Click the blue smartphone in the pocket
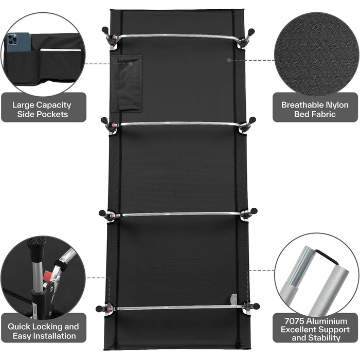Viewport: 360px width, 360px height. (x=19, y=42)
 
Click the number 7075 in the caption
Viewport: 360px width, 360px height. (x=294, y=321)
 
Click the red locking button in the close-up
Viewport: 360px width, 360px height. (x=48, y=275)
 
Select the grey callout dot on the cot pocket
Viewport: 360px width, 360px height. (x=131, y=64)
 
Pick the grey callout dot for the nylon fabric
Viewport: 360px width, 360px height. (x=229, y=60)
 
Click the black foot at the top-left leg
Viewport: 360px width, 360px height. (x=105, y=30)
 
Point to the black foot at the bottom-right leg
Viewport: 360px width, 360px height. (x=256, y=306)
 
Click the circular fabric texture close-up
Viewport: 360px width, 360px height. (x=316, y=53)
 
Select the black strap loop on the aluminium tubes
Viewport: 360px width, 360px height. (x=327, y=257)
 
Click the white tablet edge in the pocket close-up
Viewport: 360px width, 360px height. (x=61, y=49)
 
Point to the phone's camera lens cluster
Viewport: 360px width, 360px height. (x=12, y=40)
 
